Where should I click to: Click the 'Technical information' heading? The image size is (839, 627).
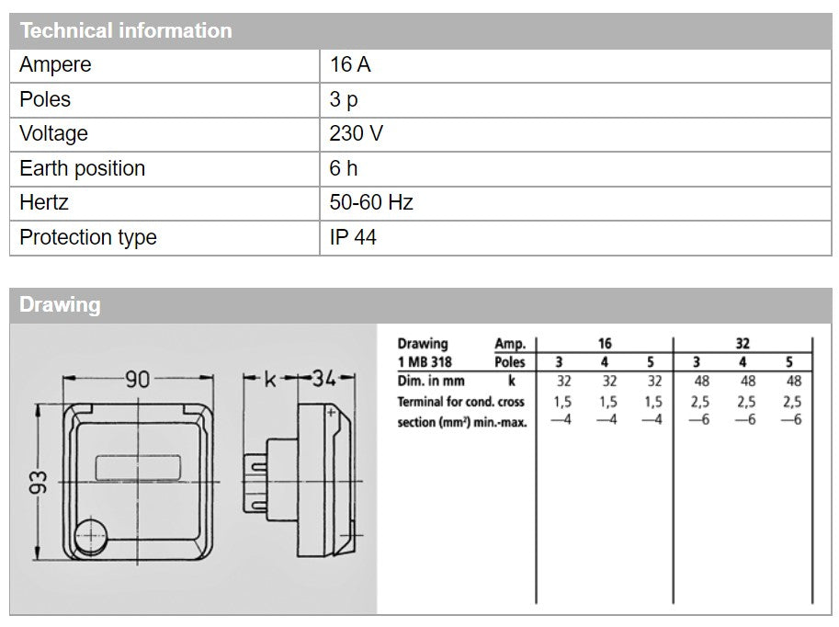coord(126,30)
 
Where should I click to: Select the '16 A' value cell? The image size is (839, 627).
coord(350,65)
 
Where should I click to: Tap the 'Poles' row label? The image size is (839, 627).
coord(45,99)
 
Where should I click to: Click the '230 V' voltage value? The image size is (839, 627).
coord(357,133)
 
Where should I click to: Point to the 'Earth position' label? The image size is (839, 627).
coord(83,168)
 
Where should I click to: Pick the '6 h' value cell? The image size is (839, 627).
coord(344,168)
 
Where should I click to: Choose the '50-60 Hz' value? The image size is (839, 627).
coord(371,202)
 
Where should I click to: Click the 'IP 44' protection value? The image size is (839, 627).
coord(353,237)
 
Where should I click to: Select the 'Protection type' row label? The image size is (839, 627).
coord(88,237)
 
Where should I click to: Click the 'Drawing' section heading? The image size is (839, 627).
coord(60,305)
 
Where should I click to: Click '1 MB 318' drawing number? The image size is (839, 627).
coord(425,362)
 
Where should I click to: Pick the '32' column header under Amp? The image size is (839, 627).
coord(743,344)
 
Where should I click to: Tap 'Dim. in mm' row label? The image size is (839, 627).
coord(431,381)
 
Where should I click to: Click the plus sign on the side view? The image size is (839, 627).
coord(332,414)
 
